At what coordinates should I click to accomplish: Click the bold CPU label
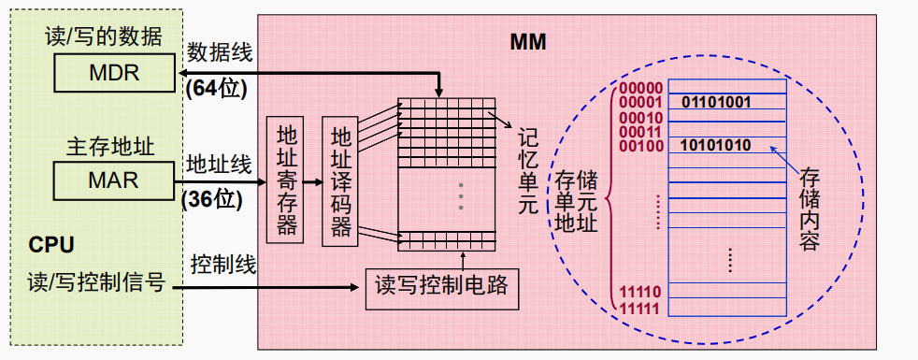51,246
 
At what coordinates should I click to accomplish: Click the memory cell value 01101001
716,101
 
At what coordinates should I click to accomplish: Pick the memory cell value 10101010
716,145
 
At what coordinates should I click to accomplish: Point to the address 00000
641,88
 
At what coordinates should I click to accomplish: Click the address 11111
641,307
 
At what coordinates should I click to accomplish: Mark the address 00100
641,145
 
